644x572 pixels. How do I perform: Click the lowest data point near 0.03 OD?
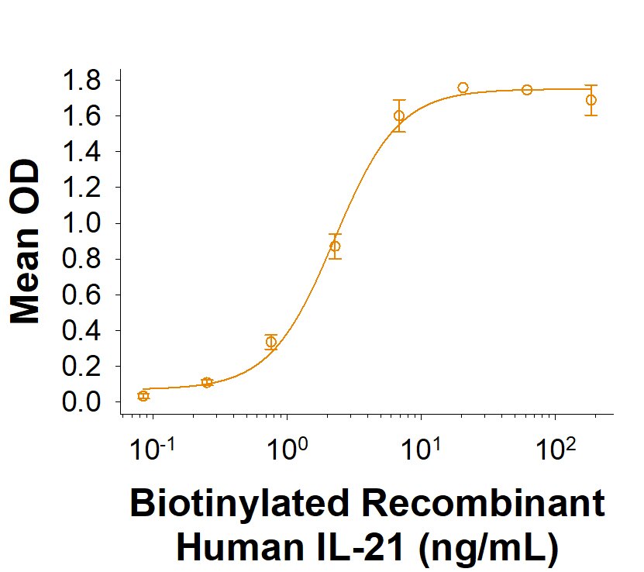coord(143,396)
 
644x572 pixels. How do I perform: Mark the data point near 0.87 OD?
coord(335,246)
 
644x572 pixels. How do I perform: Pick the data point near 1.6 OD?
coord(399,115)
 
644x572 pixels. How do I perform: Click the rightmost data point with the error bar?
coord(591,100)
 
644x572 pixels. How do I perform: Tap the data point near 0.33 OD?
coord(271,342)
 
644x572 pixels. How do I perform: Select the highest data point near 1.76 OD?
coord(463,88)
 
